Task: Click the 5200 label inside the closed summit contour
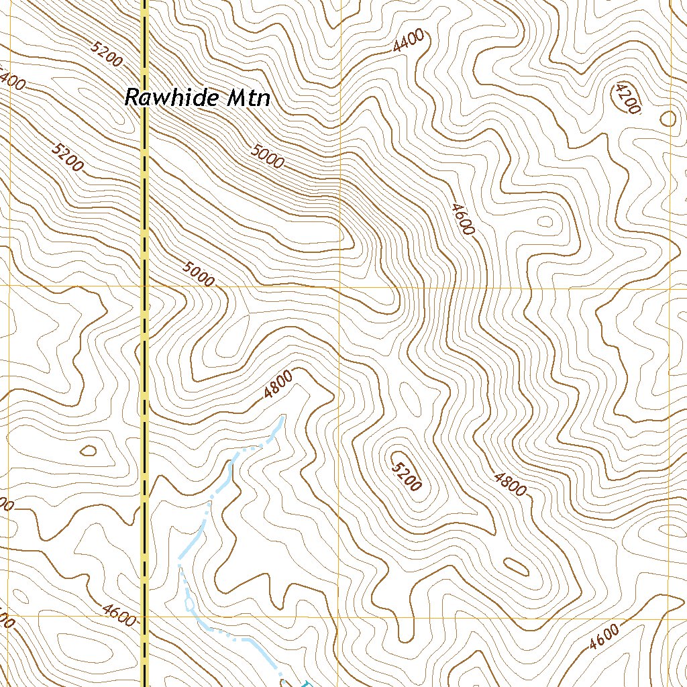pyautogui.click(x=407, y=476)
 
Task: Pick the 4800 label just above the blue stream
pyautogui.click(x=278, y=385)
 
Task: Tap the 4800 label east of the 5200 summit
pyautogui.click(x=509, y=484)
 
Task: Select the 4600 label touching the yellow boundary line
pyautogui.click(x=119, y=614)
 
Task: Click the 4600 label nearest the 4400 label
pyautogui.click(x=463, y=219)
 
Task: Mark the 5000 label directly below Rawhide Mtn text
pyautogui.click(x=268, y=156)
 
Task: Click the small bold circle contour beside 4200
pyautogui.click(x=668, y=119)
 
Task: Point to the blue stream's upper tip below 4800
pyautogui.click(x=282, y=418)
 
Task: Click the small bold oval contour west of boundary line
pyautogui.click(x=88, y=450)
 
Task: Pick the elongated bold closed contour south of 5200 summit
pyautogui.click(x=515, y=567)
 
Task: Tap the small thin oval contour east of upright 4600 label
pyautogui.click(x=545, y=221)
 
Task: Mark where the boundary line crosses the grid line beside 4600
pyautogui.click(x=144, y=616)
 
